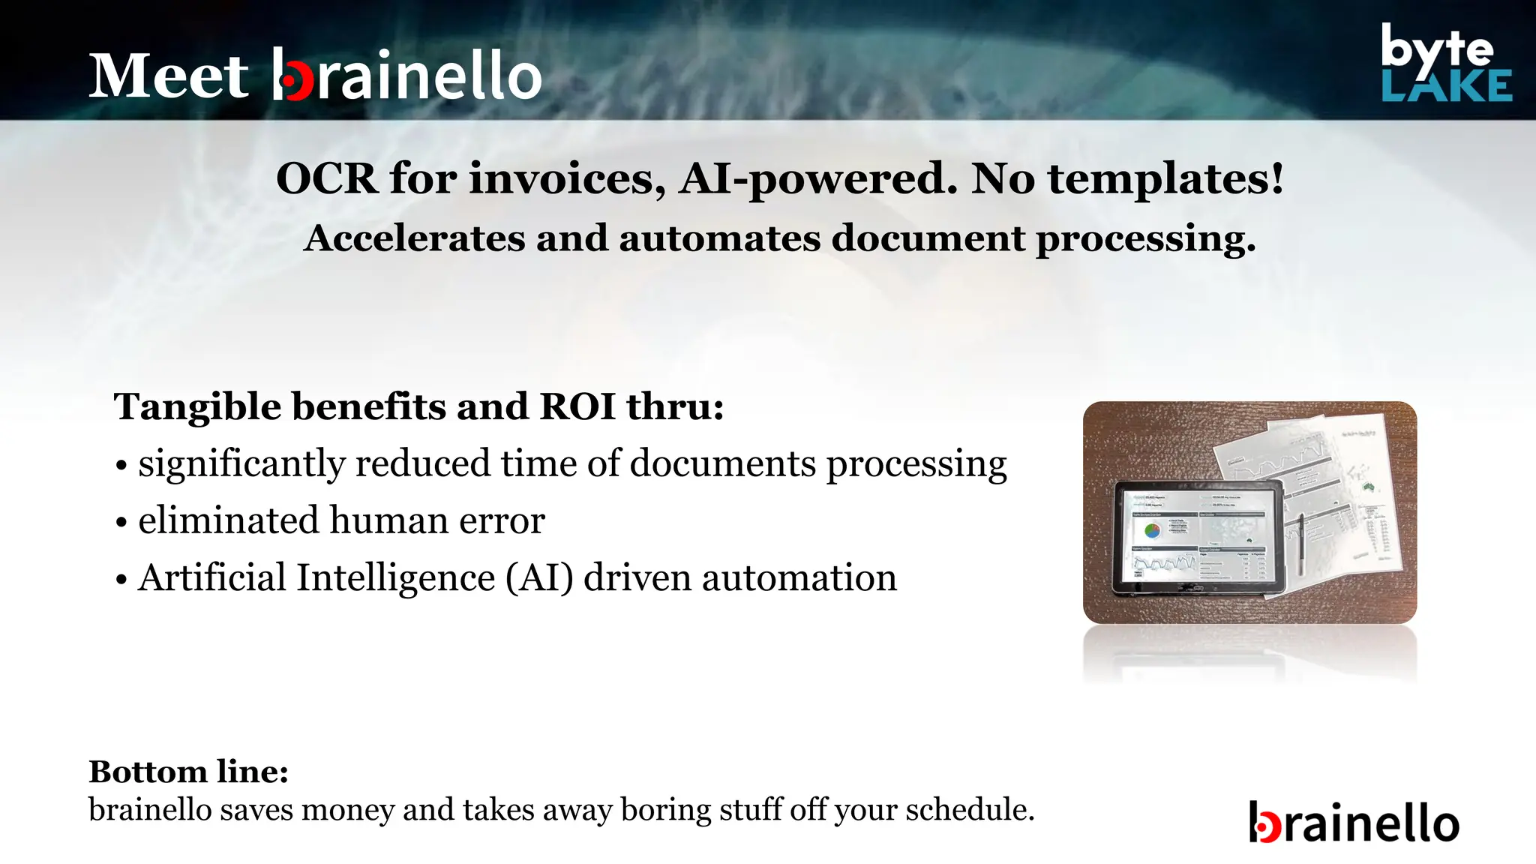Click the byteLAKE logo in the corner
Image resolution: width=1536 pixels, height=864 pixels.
pos(1446,64)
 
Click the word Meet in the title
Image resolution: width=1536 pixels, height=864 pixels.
pos(169,76)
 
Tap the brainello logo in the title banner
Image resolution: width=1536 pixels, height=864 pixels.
pos(406,75)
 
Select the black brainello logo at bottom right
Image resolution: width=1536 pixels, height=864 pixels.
pos(1354,823)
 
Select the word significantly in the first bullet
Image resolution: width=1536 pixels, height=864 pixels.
pos(241,464)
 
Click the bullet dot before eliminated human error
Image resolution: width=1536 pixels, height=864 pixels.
pos(121,523)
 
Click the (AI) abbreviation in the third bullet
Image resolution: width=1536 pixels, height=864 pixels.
pos(539,578)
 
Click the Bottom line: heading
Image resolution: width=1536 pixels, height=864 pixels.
pos(188,772)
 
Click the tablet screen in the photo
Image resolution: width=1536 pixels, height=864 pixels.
pos(1198,536)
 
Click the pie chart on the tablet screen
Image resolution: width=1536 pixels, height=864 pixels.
pos(1153,531)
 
